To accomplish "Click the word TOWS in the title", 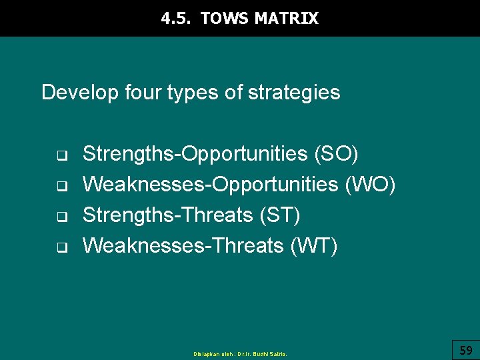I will coord(225,19).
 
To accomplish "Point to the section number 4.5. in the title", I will coord(177,19).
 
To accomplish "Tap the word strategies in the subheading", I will coord(294,92).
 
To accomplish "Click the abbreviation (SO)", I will coord(336,154).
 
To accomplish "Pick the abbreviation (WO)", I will coord(370,185).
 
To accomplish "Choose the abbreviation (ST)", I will coord(278,215).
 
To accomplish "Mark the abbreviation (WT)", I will coord(314,246).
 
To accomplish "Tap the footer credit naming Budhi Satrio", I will coord(240,354).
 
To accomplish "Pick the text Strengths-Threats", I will coord(166,215).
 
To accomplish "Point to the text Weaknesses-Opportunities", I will coord(210,185).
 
